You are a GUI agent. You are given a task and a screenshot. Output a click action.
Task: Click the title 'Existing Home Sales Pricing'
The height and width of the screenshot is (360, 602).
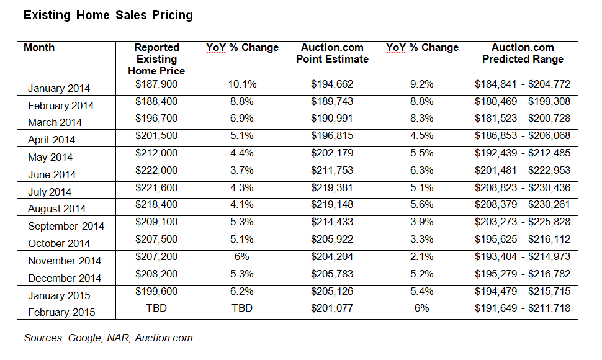tap(108, 15)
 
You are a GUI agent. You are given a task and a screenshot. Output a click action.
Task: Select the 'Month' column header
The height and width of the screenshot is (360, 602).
tap(39, 48)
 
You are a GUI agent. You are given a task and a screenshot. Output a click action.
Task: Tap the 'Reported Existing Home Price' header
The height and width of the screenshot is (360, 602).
tap(156, 59)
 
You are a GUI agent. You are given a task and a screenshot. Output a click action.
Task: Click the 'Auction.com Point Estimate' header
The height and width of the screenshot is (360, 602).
tap(332, 53)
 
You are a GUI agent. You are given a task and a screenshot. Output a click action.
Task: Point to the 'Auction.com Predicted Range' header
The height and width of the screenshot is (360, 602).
tap(523, 53)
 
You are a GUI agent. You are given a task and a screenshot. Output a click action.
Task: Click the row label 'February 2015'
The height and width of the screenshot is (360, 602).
tap(61, 312)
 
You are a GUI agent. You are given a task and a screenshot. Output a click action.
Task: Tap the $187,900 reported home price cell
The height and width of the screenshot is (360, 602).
tap(156, 84)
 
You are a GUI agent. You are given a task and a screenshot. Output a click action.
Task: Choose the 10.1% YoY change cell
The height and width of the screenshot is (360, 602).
tap(242, 84)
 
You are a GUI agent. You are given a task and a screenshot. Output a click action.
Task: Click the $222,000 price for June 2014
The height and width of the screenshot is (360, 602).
tap(156, 171)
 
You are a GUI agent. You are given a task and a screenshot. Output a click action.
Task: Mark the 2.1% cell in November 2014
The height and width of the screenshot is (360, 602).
tap(422, 256)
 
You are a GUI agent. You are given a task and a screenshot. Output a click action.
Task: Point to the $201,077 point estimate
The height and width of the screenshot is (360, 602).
tap(332, 308)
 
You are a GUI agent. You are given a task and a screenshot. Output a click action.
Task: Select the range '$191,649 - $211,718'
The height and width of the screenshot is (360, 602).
tap(523, 308)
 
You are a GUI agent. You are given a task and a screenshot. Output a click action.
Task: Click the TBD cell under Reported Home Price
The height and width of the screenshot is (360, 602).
tap(156, 308)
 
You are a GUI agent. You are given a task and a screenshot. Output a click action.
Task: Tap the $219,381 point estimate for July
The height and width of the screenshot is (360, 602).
tap(332, 188)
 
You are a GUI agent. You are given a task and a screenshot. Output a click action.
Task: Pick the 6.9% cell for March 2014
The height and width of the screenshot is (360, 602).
tap(242, 119)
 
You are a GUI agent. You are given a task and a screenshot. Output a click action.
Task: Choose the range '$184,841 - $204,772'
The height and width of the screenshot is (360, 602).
tap(523, 84)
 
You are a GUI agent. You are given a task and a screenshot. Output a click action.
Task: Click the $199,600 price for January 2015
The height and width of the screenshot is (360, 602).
tap(156, 291)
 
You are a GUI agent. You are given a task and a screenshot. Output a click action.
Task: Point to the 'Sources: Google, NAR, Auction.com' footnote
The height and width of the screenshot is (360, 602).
tap(109, 338)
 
